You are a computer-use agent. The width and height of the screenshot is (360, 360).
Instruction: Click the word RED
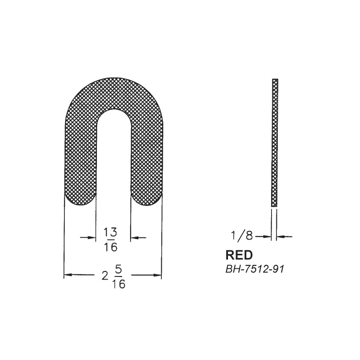click(239, 255)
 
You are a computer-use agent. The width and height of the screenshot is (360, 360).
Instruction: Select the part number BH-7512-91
click(255, 269)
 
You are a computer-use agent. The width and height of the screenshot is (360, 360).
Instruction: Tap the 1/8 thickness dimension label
click(242, 236)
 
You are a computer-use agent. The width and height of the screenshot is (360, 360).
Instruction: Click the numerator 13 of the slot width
click(110, 232)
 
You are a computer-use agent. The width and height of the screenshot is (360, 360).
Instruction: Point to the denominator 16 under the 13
click(110, 247)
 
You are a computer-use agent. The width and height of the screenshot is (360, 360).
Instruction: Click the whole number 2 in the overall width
click(105, 276)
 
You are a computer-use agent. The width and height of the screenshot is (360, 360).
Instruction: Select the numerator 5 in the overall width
click(119, 270)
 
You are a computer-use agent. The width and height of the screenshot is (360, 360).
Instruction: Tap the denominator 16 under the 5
click(119, 284)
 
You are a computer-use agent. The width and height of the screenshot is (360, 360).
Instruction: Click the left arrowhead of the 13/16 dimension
click(92, 238)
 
